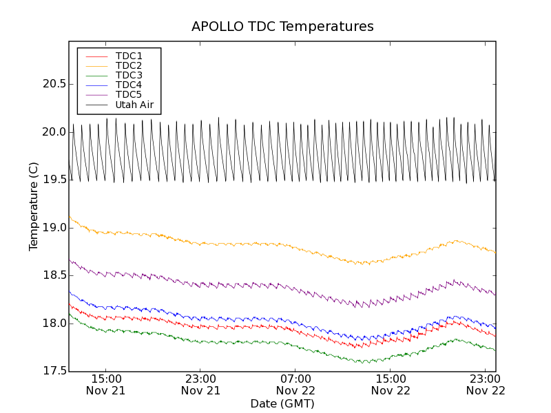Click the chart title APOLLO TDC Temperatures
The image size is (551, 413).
tap(282, 27)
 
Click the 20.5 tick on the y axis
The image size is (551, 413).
tap(54, 84)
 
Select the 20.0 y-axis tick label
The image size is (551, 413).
tap(54, 132)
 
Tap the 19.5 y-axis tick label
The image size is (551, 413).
tap(54, 180)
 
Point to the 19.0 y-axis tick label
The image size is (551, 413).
tap(54, 228)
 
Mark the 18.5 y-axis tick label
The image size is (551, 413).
tap(54, 275)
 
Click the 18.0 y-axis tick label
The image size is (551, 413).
tap(54, 324)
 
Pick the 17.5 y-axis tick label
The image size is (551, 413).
tap(54, 371)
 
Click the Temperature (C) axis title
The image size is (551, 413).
tap(34, 206)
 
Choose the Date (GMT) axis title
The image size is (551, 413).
tap(282, 403)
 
